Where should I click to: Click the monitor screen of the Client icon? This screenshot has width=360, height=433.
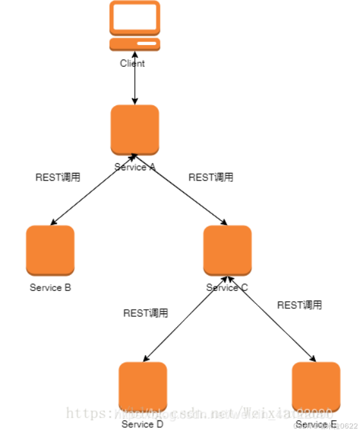tap(135, 17)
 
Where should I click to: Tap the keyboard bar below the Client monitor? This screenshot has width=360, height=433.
tap(135, 44)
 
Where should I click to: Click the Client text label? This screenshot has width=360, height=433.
tap(133, 63)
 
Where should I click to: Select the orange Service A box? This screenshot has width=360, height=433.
tap(135, 129)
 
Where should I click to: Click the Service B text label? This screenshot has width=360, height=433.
tap(50, 288)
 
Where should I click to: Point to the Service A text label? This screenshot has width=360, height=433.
tap(135, 167)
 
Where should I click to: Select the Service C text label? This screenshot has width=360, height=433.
tap(227, 288)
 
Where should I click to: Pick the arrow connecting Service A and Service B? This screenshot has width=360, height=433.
tap(92, 190)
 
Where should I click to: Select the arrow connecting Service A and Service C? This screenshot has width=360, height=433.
tap(180, 190)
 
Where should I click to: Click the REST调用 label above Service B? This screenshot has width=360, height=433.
tap(58, 177)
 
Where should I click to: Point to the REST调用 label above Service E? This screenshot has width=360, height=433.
tap(300, 305)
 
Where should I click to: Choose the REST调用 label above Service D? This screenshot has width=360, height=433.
tap(146, 313)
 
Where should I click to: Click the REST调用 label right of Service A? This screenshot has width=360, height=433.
tap(211, 177)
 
